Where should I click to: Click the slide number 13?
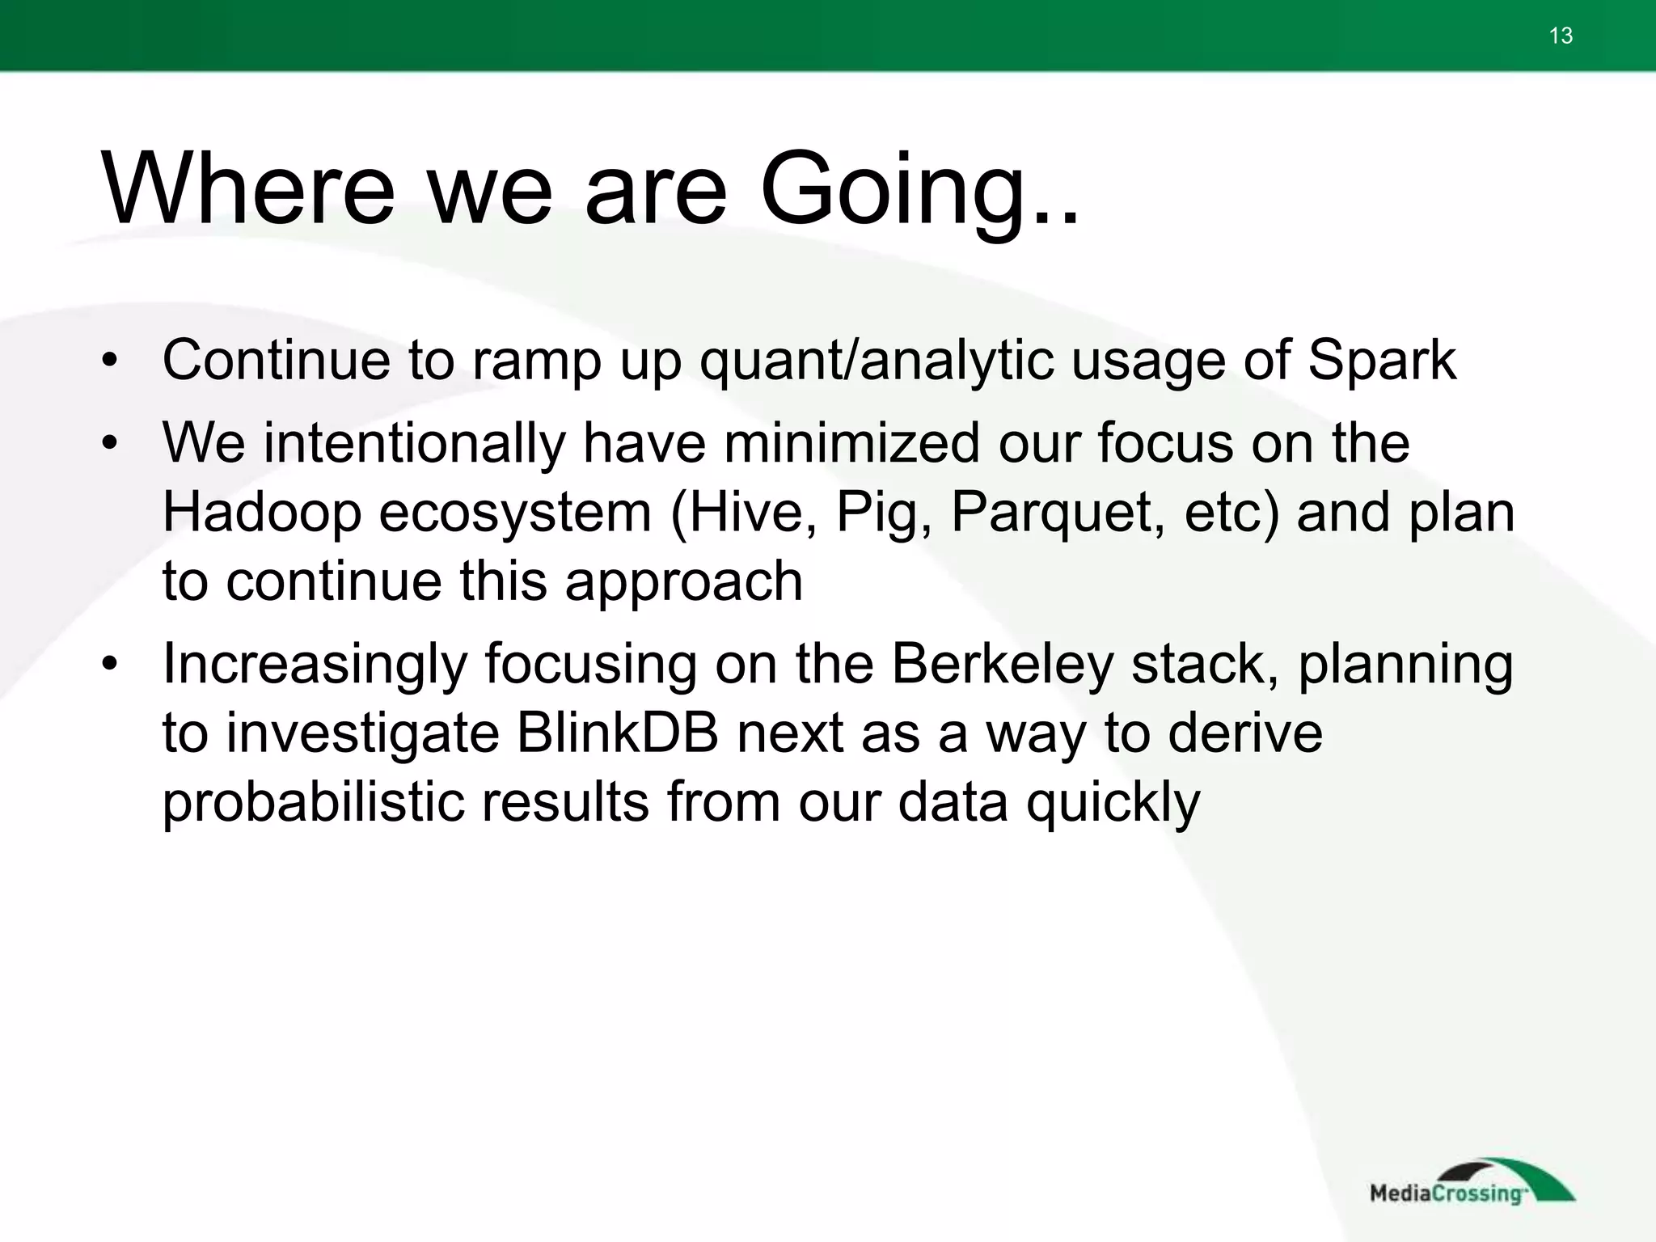[1561, 36]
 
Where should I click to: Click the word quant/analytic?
[877, 361]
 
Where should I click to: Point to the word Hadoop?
[261, 513]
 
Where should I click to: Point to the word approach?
[683, 582]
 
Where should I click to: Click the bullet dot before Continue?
[111, 361]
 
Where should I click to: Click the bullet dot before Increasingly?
[111, 665]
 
